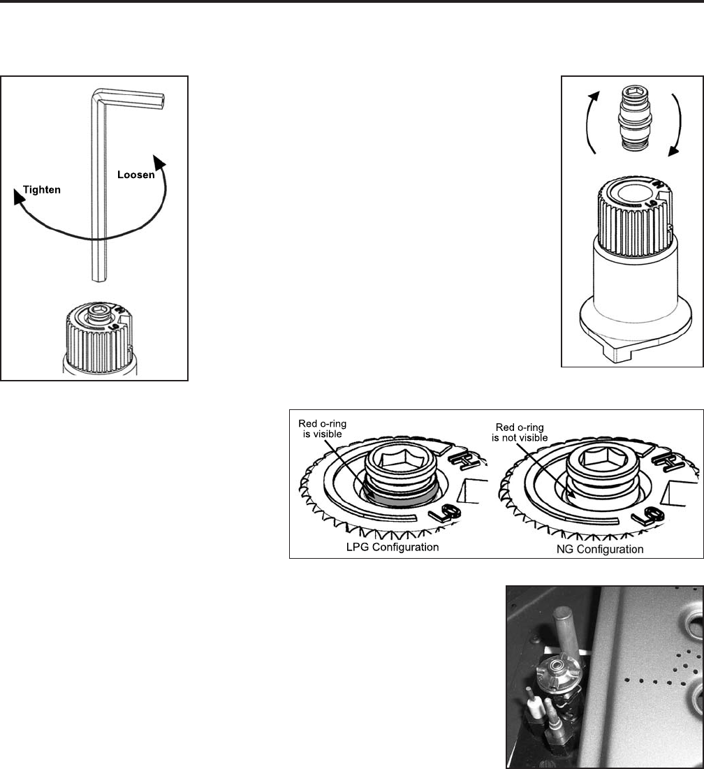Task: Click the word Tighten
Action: (x=42, y=190)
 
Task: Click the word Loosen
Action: (x=135, y=175)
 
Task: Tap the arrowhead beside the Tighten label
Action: (x=20, y=197)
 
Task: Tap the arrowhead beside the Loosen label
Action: (x=159, y=162)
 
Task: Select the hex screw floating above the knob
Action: (x=633, y=117)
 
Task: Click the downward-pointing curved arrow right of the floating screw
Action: (x=677, y=124)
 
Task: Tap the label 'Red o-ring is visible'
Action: (x=323, y=429)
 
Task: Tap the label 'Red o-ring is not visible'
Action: (x=520, y=432)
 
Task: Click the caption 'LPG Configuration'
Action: (x=393, y=547)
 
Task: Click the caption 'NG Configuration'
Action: (x=599, y=549)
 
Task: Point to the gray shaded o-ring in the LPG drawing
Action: (x=397, y=499)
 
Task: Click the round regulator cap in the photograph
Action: (x=558, y=668)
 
